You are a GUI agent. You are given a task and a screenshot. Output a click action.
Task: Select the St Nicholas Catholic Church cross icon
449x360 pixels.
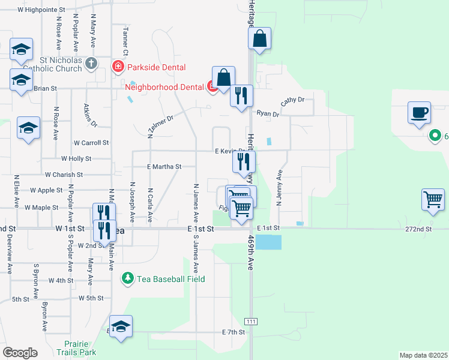[x=91, y=64]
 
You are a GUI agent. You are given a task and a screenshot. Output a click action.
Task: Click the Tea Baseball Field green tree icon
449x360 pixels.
[x=127, y=278]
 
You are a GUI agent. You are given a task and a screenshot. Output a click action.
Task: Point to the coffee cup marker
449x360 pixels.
[x=418, y=112]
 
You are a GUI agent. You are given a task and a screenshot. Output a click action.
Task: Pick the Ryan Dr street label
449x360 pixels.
[x=268, y=113]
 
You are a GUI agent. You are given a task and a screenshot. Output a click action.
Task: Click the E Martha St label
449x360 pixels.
[x=164, y=166]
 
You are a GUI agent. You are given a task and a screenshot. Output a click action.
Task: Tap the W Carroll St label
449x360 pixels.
[x=91, y=143]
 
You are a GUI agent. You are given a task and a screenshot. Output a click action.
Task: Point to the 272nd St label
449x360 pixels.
[x=418, y=229]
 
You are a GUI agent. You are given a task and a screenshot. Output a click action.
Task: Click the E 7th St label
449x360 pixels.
[x=234, y=332]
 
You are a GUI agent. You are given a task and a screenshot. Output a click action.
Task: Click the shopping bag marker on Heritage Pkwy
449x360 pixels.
[x=260, y=39]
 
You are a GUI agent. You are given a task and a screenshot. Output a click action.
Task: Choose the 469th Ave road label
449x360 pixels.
[x=252, y=253]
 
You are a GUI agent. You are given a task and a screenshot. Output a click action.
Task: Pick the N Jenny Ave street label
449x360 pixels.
[x=280, y=187]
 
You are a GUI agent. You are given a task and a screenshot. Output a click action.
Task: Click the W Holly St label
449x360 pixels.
[x=76, y=159]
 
